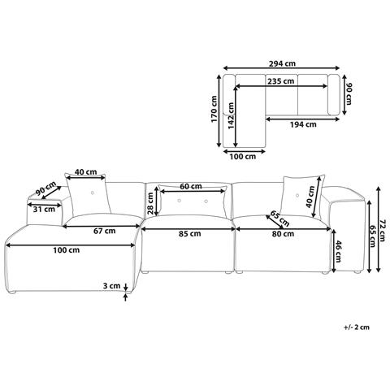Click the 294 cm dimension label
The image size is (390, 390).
(x=282, y=63)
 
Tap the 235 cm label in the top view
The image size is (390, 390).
(x=280, y=81)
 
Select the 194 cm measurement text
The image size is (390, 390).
(x=303, y=124)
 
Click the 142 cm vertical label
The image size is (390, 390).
(x=231, y=115)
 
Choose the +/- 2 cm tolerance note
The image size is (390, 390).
(x=357, y=327)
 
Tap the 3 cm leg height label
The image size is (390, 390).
(x=111, y=285)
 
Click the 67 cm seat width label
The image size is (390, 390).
(x=104, y=231)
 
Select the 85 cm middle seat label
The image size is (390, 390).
(x=189, y=234)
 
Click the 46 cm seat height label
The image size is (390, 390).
(x=337, y=252)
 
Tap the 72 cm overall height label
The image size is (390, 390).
(x=382, y=230)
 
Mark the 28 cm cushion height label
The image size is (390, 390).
(x=150, y=203)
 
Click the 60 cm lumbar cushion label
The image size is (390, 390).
(x=191, y=186)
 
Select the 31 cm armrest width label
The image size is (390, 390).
(x=44, y=209)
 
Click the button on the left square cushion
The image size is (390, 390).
(x=93, y=193)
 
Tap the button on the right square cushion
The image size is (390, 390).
(x=297, y=195)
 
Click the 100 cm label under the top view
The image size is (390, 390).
(x=243, y=156)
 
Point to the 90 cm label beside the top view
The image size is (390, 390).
(x=348, y=94)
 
